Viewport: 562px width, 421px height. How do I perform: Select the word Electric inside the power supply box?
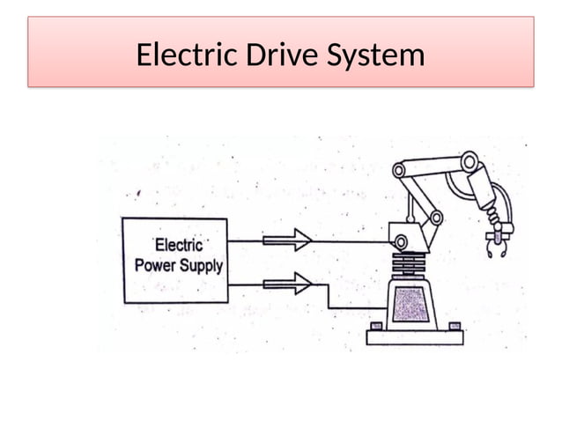[179, 245]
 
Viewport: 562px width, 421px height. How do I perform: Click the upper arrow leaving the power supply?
[287, 239]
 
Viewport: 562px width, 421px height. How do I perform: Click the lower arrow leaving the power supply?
[287, 284]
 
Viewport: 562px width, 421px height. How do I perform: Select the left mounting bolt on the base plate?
[376, 327]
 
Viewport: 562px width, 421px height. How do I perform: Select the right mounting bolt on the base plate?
[455, 326]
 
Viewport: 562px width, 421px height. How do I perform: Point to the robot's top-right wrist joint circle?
[470, 161]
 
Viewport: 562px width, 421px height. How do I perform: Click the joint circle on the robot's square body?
[401, 241]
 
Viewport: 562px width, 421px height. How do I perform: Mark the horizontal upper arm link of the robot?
[435, 165]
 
